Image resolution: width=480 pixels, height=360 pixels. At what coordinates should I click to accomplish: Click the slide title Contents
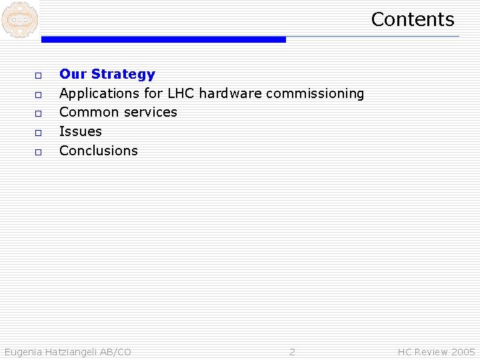(x=412, y=19)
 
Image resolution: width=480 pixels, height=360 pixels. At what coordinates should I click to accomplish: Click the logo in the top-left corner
(x=19, y=19)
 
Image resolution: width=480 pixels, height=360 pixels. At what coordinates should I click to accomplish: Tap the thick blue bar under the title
(x=163, y=40)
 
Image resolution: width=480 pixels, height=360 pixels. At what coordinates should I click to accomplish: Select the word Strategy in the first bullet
(x=123, y=74)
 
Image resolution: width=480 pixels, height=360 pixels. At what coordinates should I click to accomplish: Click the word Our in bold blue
(x=73, y=74)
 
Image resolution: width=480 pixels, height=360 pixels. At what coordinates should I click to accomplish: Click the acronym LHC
(x=181, y=93)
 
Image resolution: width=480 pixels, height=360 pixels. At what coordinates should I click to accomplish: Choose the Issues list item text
(x=81, y=131)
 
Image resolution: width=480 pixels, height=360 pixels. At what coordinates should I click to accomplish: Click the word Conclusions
(x=99, y=151)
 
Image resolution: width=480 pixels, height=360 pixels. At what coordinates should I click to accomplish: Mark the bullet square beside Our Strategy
(x=39, y=75)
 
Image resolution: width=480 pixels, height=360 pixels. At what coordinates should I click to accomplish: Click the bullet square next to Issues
(x=39, y=133)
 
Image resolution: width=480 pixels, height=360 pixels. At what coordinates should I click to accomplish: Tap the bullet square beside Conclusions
(x=39, y=152)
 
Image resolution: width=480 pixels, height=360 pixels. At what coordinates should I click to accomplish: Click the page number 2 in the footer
(x=292, y=352)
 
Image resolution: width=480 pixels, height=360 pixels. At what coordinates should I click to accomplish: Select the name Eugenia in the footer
(x=23, y=352)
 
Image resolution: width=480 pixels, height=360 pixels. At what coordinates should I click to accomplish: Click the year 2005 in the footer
(x=463, y=352)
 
